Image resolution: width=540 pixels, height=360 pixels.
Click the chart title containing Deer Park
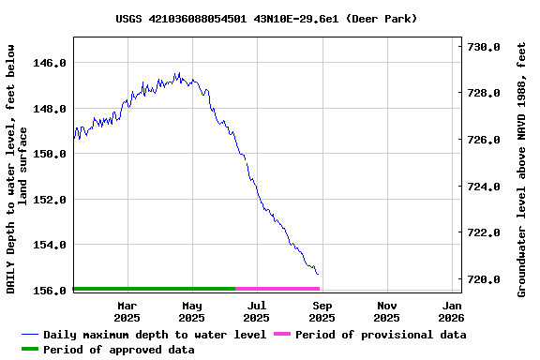coord(266,19)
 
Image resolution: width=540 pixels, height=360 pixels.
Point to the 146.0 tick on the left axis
coord(50,63)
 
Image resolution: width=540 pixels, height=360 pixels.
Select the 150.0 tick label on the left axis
coord(50,154)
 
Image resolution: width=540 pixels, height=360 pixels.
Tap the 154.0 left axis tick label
coord(50,245)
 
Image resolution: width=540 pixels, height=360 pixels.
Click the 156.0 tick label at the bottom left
coord(50,291)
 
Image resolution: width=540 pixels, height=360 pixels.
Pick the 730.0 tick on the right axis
coord(484,47)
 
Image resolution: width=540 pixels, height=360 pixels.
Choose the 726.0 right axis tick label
coord(484,140)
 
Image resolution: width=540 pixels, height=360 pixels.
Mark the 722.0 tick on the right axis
coord(484,232)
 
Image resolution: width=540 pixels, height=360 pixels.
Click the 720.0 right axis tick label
coord(484,279)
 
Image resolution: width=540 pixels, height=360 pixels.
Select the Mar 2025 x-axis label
coord(127,311)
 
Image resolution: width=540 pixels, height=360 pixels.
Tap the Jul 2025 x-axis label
coord(256,311)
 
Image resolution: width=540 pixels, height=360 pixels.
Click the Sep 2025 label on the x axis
coord(322,311)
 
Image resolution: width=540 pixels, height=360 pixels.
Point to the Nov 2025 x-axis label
coord(386,311)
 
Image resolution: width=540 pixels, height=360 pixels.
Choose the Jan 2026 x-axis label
coord(452,311)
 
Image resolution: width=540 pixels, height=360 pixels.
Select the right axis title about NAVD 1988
coord(522,169)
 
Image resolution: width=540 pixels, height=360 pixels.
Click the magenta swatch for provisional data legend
coord(281,335)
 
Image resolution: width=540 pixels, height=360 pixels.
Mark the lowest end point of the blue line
coord(318,275)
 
